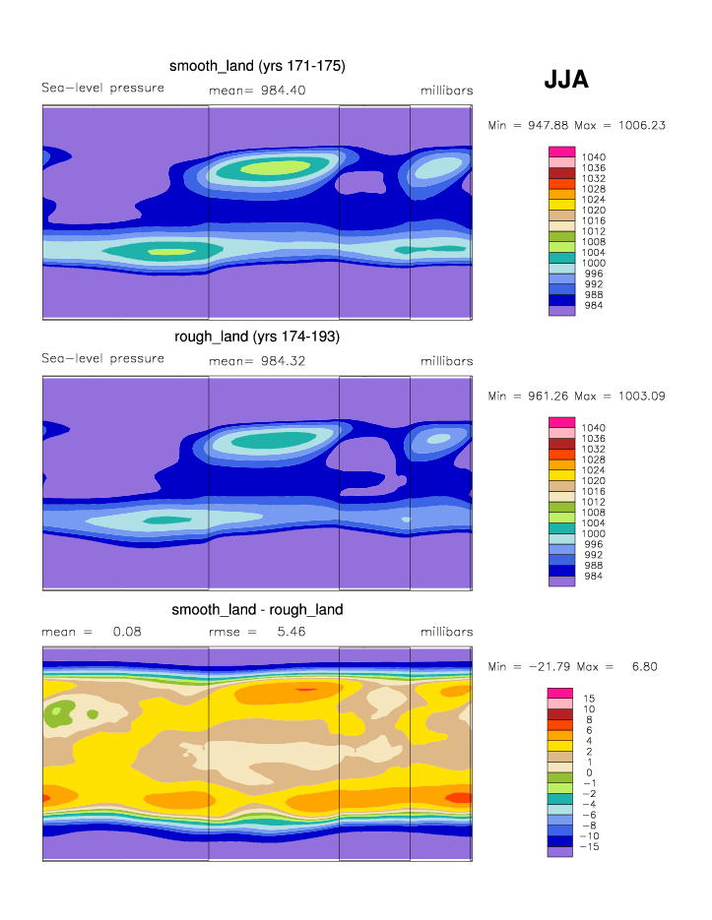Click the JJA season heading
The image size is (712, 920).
click(x=565, y=81)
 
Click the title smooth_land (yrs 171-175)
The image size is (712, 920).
click(x=257, y=67)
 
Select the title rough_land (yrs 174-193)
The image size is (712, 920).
click(x=257, y=337)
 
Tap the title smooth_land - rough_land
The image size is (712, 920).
click(x=257, y=609)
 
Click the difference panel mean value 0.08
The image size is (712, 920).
click(x=126, y=632)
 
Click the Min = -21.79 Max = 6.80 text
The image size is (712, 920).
click(x=573, y=666)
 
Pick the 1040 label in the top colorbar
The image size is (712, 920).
click(x=594, y=157)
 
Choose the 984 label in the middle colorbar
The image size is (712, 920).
click(x=594, y=577)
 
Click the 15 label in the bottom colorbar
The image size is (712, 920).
click(x=589, y=698)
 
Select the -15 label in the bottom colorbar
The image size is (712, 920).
click(x=592, y=846)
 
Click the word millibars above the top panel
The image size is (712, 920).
click(x=446, y=91)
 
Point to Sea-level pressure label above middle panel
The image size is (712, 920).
click(x=102, y=359)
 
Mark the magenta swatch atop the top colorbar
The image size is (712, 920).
click(x=561, y=152)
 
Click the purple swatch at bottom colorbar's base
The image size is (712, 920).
click(x=560, y=852)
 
